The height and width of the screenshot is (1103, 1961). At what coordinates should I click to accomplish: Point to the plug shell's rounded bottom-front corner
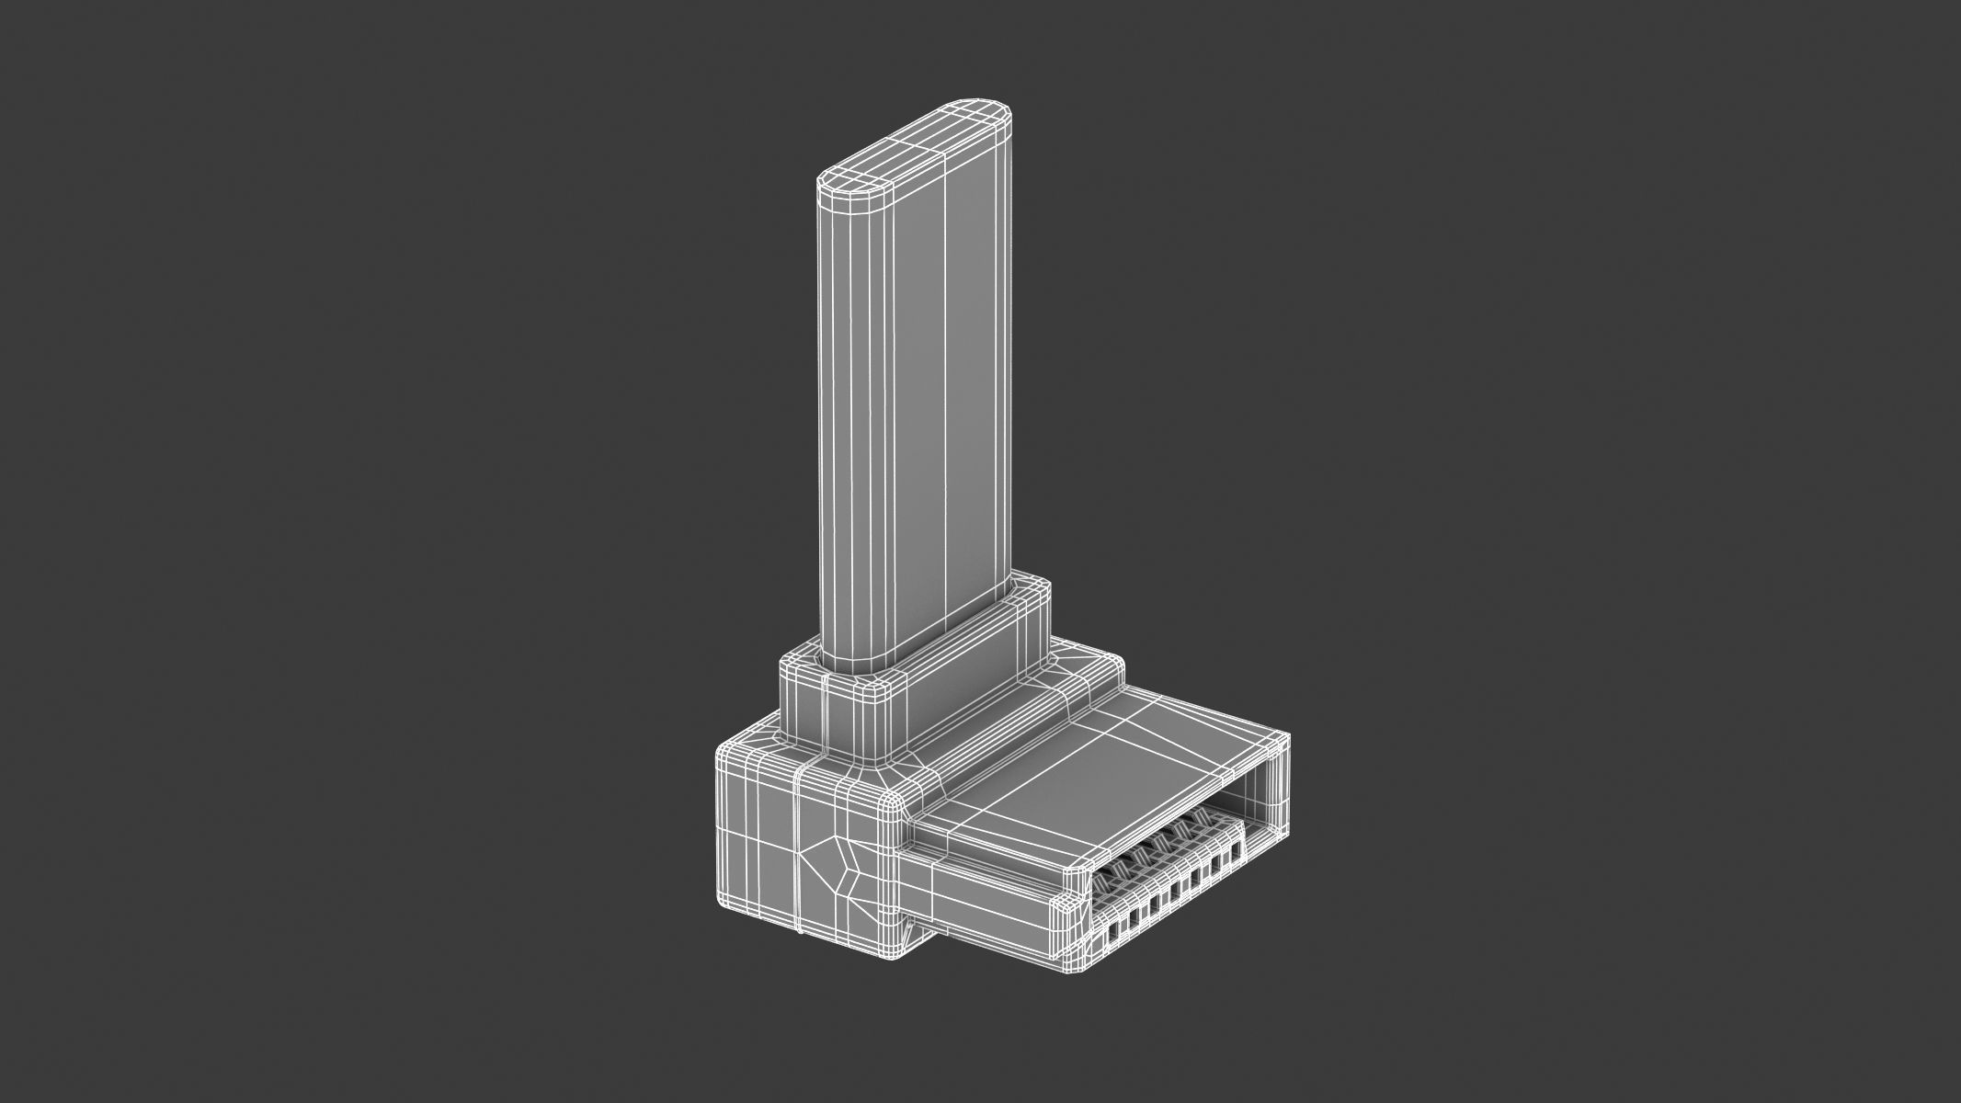coord(1066,965)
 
